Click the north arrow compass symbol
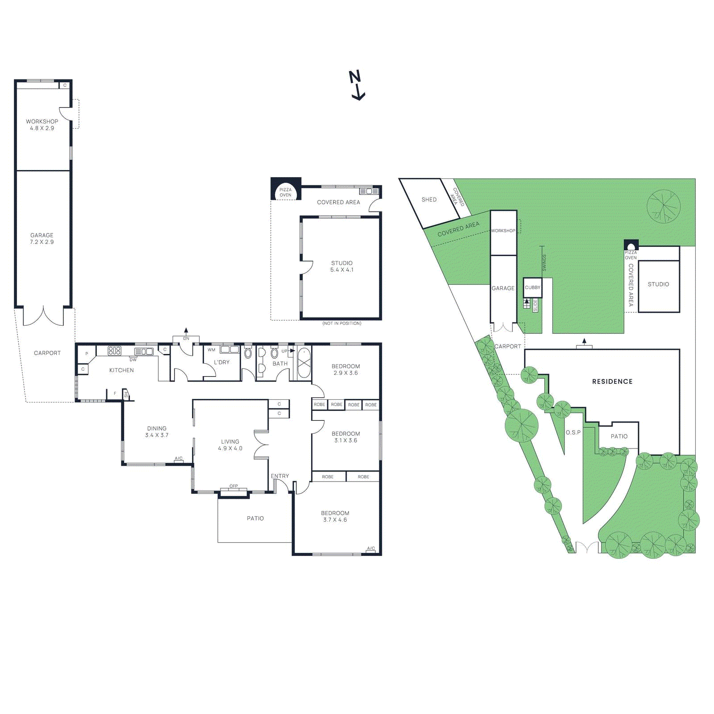[357, 85]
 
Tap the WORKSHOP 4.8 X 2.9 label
[42, 125]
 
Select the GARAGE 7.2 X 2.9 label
[42, 238]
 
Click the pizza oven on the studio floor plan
[285, 191]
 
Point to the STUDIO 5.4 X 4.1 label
[342, 266]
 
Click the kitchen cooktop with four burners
[114, 351]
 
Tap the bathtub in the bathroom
[304, 363]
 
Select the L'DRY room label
[221, 362]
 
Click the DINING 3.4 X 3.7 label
[157, 432]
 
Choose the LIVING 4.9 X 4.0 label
[230, 445]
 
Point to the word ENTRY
[280, 476]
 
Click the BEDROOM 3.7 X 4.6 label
[335, 516]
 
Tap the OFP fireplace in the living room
[233, 490]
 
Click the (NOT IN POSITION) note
[342, 323]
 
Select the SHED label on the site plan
[429, 199]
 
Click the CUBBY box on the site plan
[532, 287]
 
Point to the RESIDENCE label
[612, 382]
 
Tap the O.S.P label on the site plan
[573, 432]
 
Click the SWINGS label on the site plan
[544, 262]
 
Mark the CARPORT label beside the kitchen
[47, 353]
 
